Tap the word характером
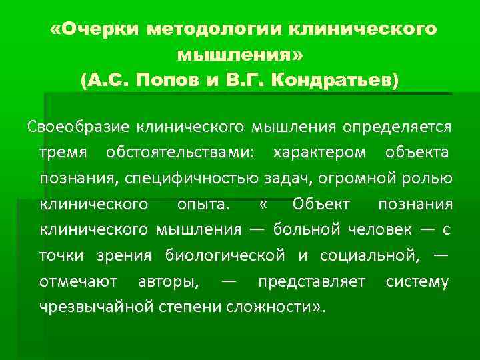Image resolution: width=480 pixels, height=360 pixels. (319, 153)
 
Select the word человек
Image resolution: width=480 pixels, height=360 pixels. (383, 230)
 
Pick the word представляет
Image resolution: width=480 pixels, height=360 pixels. (311, 282)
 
